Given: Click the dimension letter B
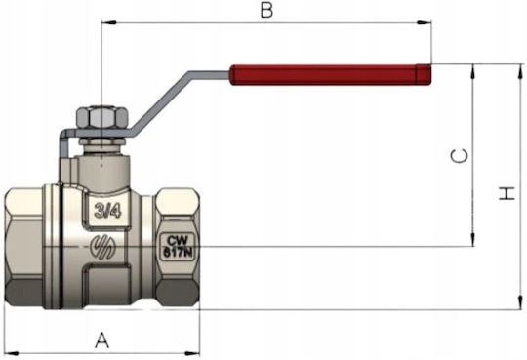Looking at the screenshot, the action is pyautogui.click(x=266, y=11).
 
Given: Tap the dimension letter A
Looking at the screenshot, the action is pyautogui.click(x=101, y=340).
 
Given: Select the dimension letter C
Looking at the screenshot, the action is pyautogui.click(x=459, y=156).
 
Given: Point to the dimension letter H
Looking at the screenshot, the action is pyautogui.click(x=507, y=193).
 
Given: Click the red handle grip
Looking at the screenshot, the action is pyautogui.click(x=331, y=74).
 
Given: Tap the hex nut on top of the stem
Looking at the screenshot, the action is pyautogui.click(x=102, y=118).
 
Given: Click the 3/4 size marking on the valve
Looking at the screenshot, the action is pyautogui.click(x=107, y=211).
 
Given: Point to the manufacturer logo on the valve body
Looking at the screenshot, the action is pyautogui.click(x=103, y=247).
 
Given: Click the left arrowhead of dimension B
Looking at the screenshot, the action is pyautogui.click(x=108, y=22).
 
